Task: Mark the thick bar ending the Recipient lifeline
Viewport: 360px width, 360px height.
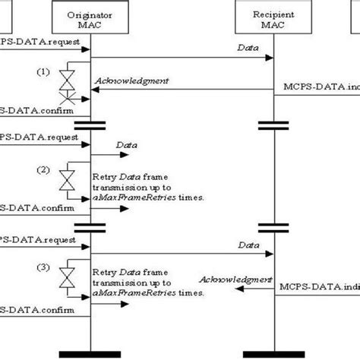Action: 274,352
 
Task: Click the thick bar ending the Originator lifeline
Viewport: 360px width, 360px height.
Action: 90,352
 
